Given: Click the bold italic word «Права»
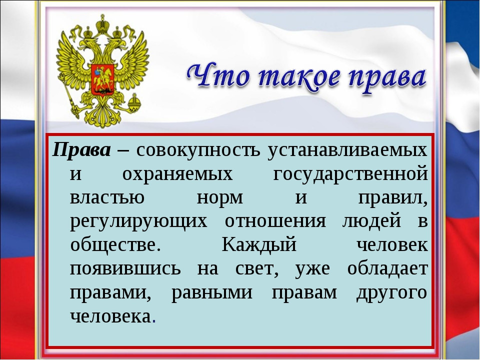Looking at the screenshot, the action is (81, 150).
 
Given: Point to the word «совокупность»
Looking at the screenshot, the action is (198, 150).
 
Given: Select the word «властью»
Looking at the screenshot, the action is (107, 198).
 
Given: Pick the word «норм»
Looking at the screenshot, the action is (220, 198).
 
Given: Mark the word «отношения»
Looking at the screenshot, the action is (275, 221).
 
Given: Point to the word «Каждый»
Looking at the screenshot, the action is (259, 244).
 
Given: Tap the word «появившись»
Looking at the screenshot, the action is (125, 269).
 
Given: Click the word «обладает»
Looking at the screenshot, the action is (387, 268).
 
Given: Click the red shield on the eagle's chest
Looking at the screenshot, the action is (102, 80).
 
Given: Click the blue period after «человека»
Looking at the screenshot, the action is (153, 321).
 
